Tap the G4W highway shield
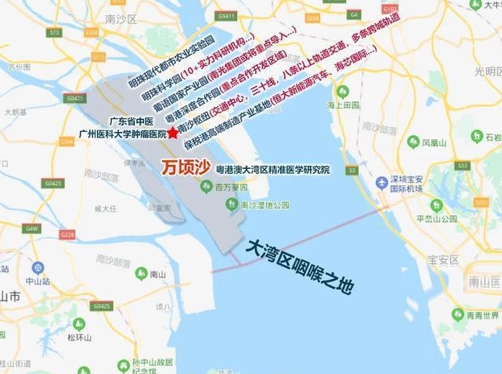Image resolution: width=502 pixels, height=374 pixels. coord(31,228)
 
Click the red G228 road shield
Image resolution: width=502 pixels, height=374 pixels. coord(67,235)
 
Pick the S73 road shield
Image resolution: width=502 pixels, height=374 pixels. coord(55,33)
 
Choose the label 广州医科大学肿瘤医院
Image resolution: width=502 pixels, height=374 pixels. coord(122,134)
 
